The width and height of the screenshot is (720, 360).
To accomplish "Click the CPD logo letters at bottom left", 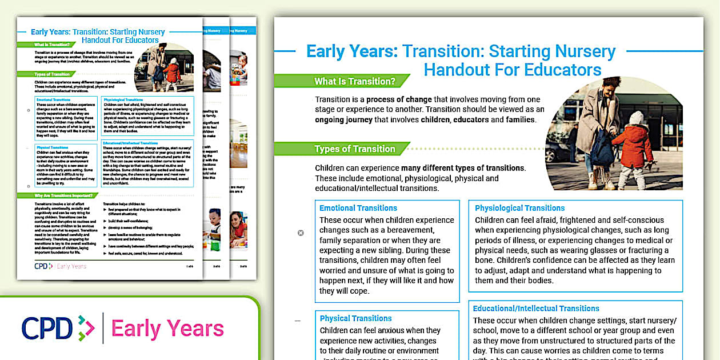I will point(48,327).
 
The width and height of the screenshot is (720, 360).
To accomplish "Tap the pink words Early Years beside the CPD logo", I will point(167,329).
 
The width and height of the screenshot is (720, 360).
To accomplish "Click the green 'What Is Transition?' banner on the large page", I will point(354,81).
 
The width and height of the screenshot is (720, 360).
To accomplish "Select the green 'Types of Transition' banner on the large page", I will point(354,149).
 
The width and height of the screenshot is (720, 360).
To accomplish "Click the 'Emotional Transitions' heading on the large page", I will point(358,208).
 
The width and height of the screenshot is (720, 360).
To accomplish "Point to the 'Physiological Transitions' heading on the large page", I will point(519,208).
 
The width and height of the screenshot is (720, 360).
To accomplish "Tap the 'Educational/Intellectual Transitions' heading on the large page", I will point(536,309).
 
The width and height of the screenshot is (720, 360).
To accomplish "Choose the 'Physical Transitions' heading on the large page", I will point(355,318).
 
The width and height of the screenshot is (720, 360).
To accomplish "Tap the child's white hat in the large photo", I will point(636,118).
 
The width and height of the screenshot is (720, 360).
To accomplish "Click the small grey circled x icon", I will point(301,233).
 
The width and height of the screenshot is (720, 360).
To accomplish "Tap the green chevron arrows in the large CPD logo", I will point(86,327).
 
